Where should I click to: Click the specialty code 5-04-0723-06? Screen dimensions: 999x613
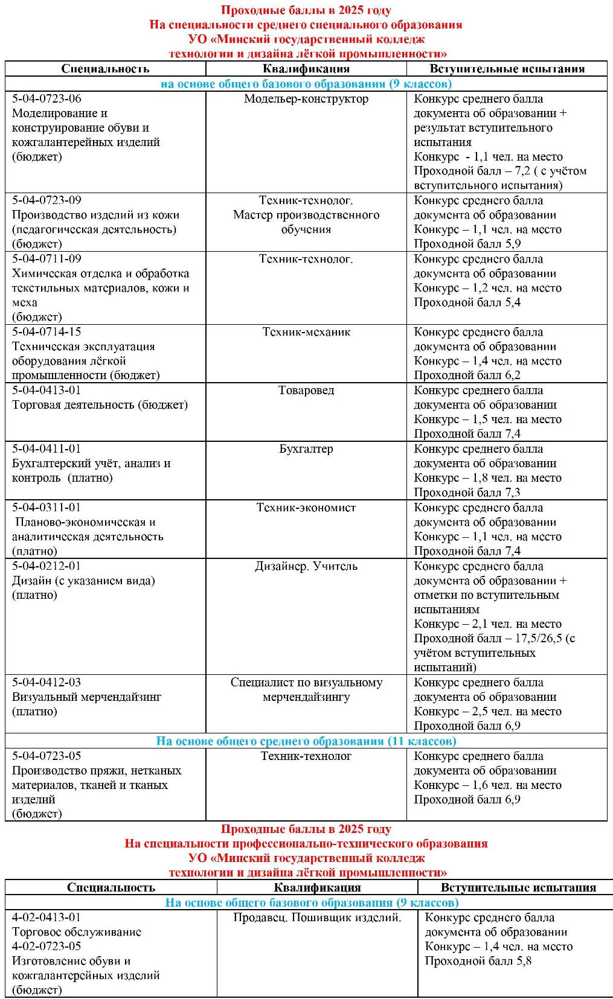pyautogui.click(x=47, y=98)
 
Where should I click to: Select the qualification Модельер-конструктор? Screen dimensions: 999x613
pyautogui.click(x=306, y=98)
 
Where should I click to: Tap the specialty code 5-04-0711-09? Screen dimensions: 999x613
pyautogui.click(x=47, y=259)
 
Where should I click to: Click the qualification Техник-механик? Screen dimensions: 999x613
pyautogui.click(x=306, y=332)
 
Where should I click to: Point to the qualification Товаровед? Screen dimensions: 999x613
pyautogui.click(x=306, y=391)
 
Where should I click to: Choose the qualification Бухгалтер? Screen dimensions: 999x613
pyautogui.click(x=306, y=449)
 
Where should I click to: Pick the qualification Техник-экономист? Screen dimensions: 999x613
pyautogui.click(x=306, y=508)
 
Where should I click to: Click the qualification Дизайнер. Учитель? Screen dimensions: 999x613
pyautogui.click(x=306, y=566)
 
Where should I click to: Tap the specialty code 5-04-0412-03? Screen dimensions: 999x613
pyautogui.click(x=47, y=683)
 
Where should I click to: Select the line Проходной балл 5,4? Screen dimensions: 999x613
pyautogui.click(x=467, y=302)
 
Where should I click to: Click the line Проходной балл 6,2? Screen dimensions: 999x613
pyautogui.click(x=467, y=375)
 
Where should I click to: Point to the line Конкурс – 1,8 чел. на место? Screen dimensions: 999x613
pyautogui.click(x=487, y=478)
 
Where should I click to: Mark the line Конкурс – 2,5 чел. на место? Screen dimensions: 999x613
pyautogui.click(x=487, y=712)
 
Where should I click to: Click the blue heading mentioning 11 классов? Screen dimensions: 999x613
pyautogui.click(x=306, y=741)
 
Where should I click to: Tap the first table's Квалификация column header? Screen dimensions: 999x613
pyautogui.click(x=306, y=69)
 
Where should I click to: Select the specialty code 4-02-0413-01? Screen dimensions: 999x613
pyautogui.click(x=47, y=918)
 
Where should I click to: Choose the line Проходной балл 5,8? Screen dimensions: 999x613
pyautogui.click(x=478, y=961)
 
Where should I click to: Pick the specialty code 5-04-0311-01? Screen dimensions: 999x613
pyautogui.click(x=47, y=508)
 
